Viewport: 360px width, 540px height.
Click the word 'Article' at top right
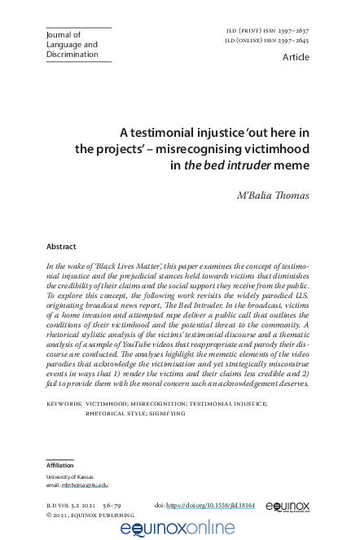296,58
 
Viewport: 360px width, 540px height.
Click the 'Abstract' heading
61,247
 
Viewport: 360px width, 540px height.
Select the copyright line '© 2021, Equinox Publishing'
90,516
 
